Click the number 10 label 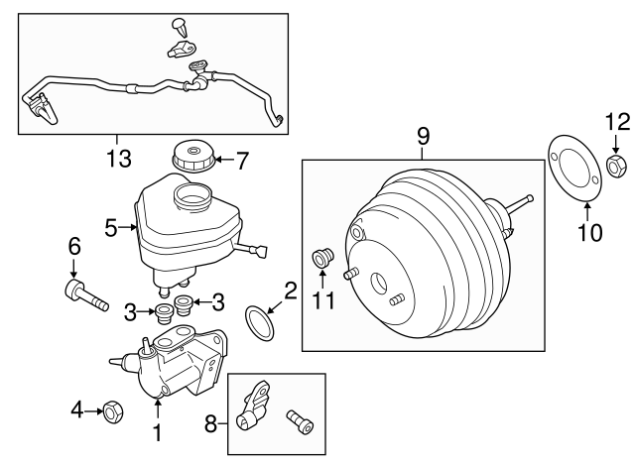click(x=588, y=233)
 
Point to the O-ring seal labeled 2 click(x=261, y=322)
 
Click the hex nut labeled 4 click(x=112, y=409)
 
